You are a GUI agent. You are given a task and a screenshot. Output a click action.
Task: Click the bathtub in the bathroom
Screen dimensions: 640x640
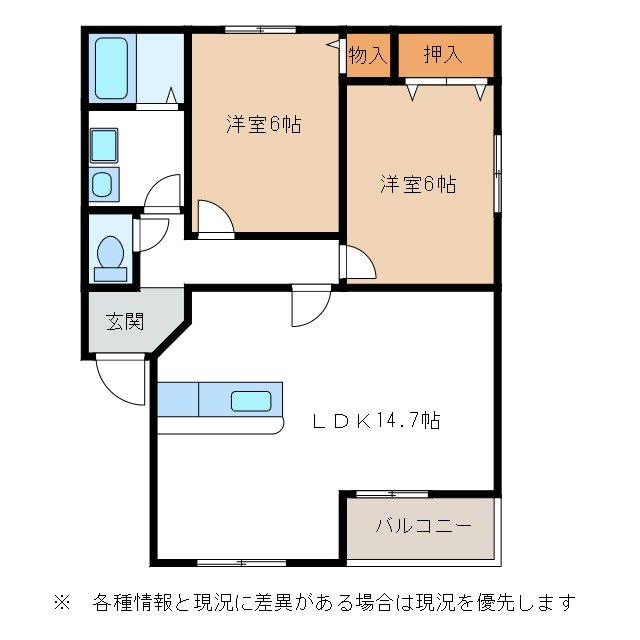[x=111, y=68]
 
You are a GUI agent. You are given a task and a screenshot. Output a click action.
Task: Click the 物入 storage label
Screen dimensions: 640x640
[x=367, y=55]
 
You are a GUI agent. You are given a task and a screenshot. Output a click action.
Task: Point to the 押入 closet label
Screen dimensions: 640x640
[x=443, y=55]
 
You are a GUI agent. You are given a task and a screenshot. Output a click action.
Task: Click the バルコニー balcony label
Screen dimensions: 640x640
[x=423, y=526]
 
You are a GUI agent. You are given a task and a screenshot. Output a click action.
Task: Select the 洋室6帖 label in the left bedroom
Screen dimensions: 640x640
[x=263, y=125]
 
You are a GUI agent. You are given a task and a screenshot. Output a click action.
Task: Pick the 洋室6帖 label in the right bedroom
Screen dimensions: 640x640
[x=418, y=184]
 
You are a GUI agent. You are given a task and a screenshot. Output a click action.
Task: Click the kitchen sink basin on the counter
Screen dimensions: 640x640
[x=251, y=402]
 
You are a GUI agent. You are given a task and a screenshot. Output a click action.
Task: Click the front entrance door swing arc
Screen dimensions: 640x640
[x=117, y=378]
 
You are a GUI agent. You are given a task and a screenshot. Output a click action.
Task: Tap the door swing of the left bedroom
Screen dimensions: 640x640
[x=214, y=219]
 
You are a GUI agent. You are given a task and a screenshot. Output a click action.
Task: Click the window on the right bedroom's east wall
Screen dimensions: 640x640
[x=497, y=171]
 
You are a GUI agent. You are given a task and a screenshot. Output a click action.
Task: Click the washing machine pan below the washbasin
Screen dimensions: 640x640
[x=104, y=185]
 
